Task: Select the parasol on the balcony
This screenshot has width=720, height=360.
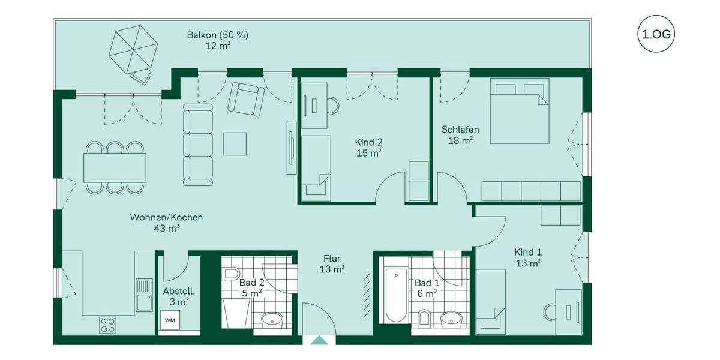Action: pos(132,49)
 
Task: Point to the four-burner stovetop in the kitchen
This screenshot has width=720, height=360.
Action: pos(108,325)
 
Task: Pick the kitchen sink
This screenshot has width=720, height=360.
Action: pos(144,295)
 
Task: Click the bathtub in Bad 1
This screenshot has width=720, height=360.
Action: pos(395,296)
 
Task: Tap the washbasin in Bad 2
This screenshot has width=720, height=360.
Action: pos(272,318)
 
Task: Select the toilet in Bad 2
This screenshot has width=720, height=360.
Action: pos(232,275)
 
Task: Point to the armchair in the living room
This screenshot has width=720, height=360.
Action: pos(247,99)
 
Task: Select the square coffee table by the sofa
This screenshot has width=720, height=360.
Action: pos(235,144)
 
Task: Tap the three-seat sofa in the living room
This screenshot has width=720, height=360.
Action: pos(198,144)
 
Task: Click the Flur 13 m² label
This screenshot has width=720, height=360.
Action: pos(331,265)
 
